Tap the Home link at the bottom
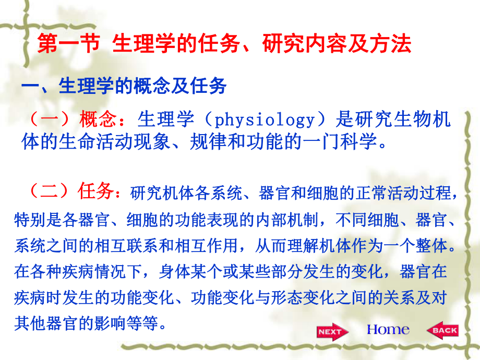[x=388, y=329]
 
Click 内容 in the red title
[x=311, y=44]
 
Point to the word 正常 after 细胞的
[x=325, y=194]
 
